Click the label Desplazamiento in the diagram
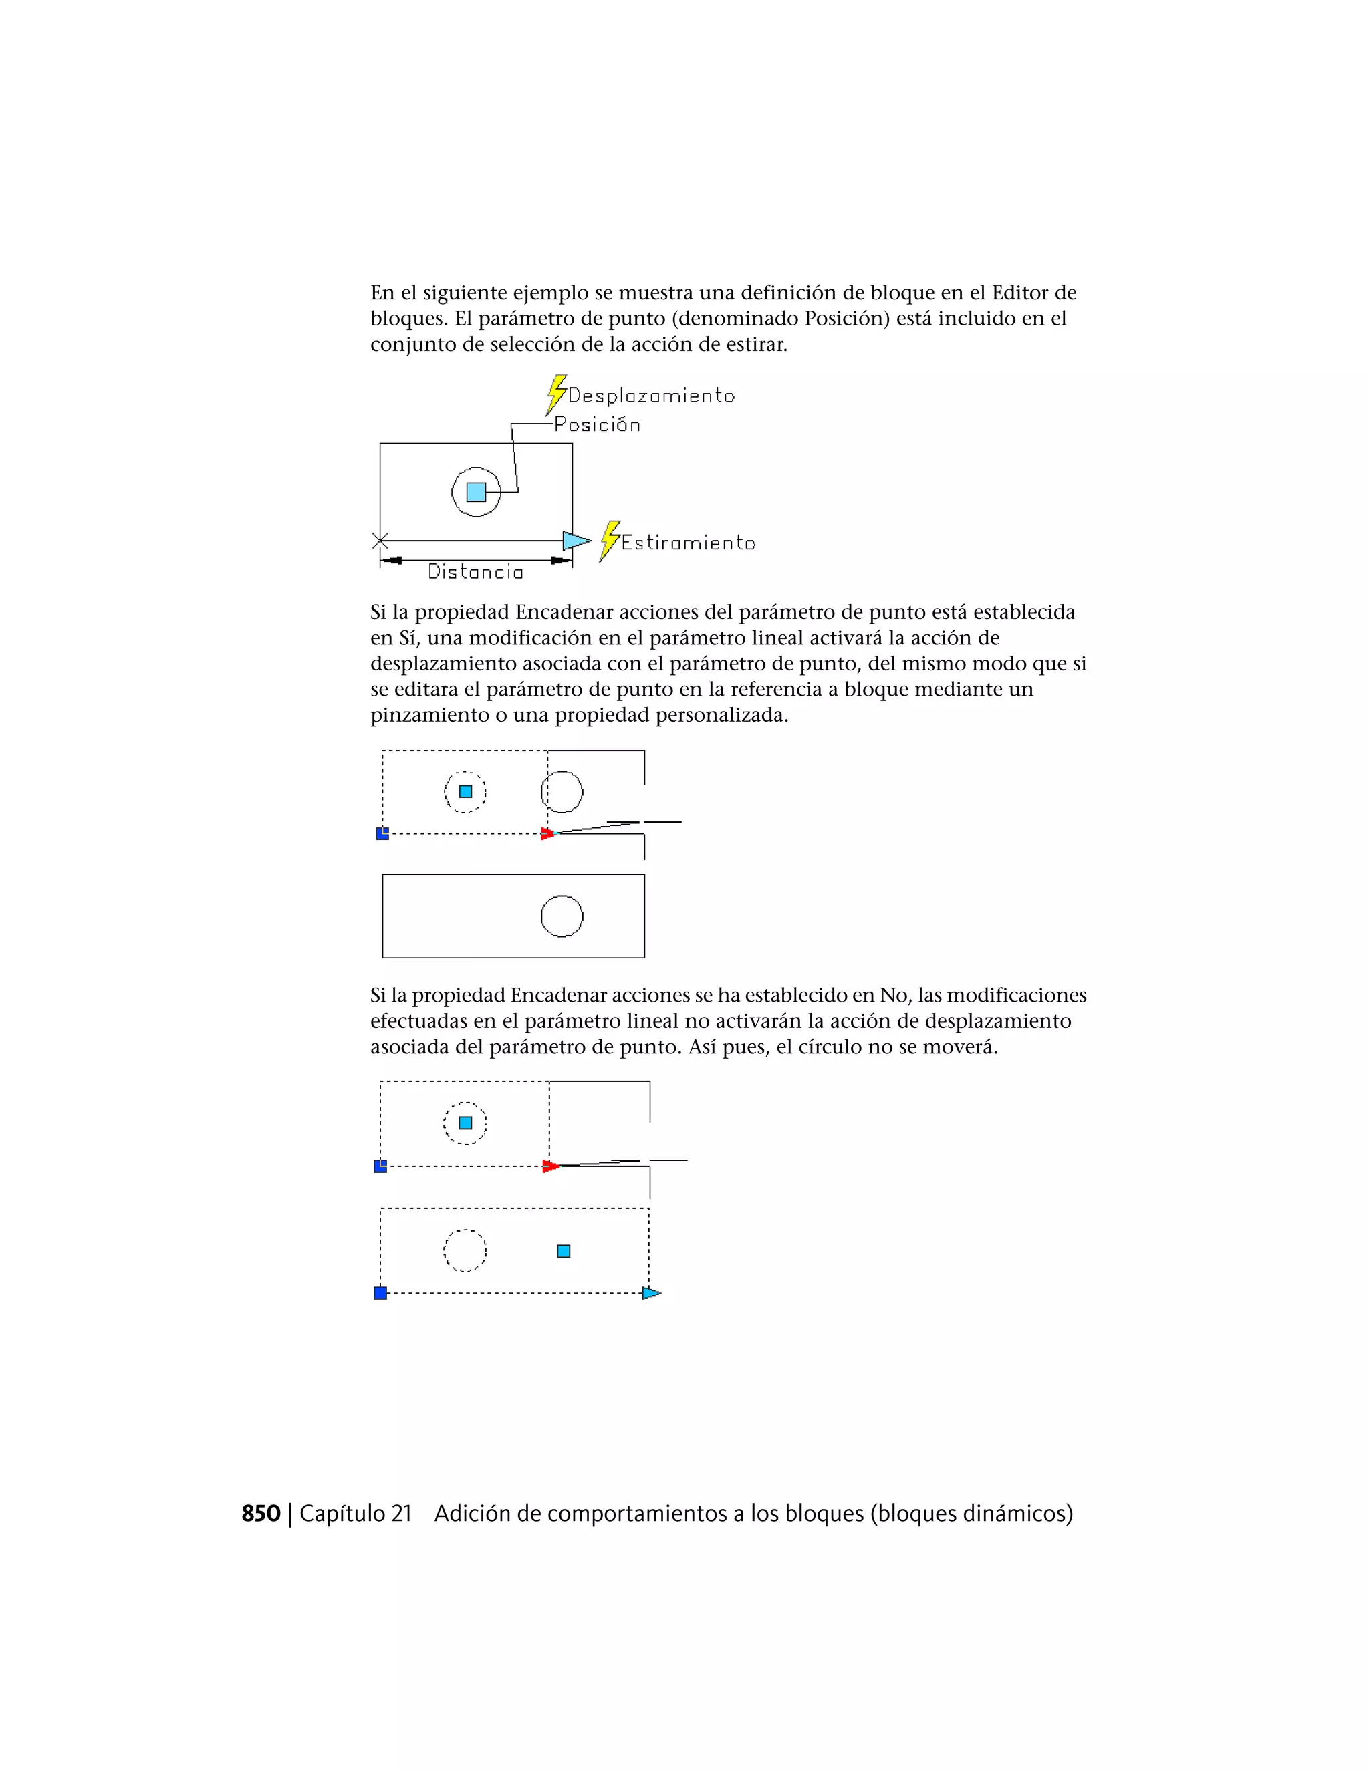pos(650,396)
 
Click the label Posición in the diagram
pos(598,425)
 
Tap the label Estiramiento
pos(688,543)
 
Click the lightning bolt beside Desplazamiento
pos(555,394)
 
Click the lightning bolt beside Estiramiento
pos(609,541)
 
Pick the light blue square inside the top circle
pos(476,491)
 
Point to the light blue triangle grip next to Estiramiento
pos(575,540)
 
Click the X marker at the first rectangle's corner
pos(380,540)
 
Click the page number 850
pos(260,1514)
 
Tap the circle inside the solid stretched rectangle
pos(562,916)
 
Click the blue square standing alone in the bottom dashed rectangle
pos(564,1251)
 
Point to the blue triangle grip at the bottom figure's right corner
pos(650,1293)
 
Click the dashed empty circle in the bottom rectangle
pos(465,1250)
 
